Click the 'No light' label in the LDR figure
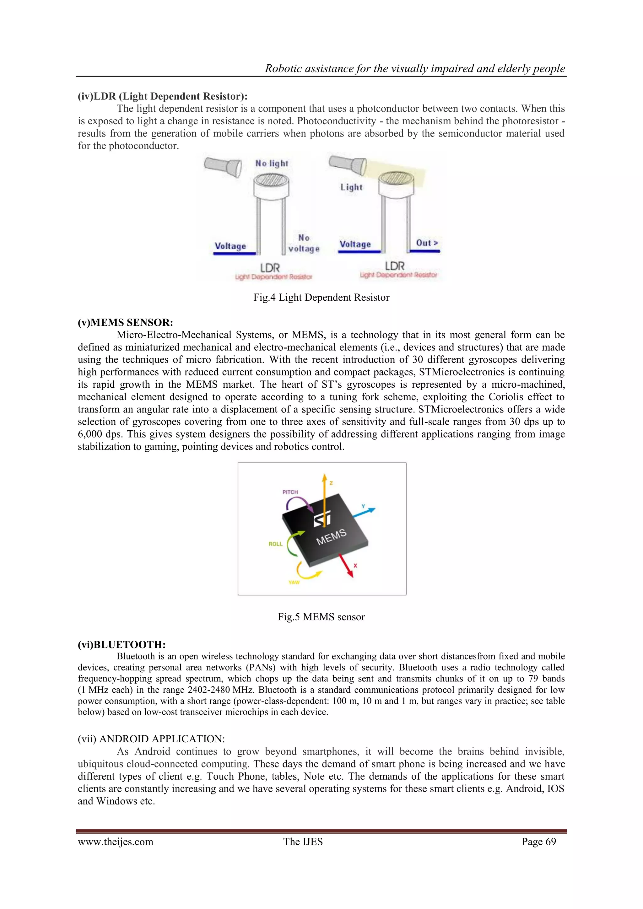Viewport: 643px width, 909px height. [x=272, y=163]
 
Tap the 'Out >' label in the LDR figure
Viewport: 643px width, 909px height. [x=426, y=243]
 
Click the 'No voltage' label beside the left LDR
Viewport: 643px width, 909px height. [x=304, y=243]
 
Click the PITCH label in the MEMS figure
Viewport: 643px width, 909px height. [x=290, y=492]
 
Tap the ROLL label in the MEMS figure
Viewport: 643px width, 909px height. [x=276, y=544]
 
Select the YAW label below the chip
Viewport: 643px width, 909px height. [x=294, y=582]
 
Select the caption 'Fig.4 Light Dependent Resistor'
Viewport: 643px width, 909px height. [x=321, y=297]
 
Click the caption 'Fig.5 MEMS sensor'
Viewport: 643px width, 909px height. [x=321, y=616]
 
